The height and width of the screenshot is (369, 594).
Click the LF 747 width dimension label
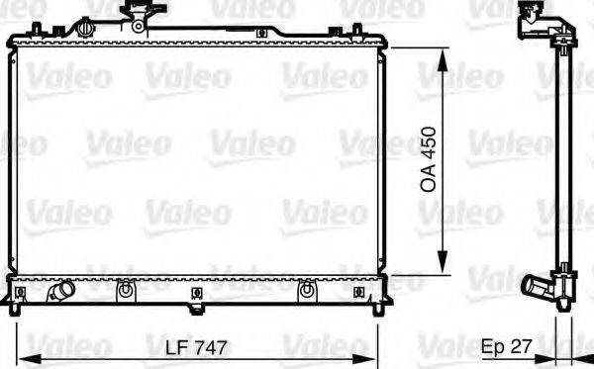click(x=197, y=348)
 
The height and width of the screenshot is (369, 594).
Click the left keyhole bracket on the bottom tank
click(x=126, y=291)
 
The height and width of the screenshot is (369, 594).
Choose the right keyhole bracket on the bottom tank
click(x=307, y=291)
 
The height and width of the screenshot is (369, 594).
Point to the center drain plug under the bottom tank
click(x=199, y=296)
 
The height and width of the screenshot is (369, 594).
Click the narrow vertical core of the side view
click(x=560, y=158)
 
